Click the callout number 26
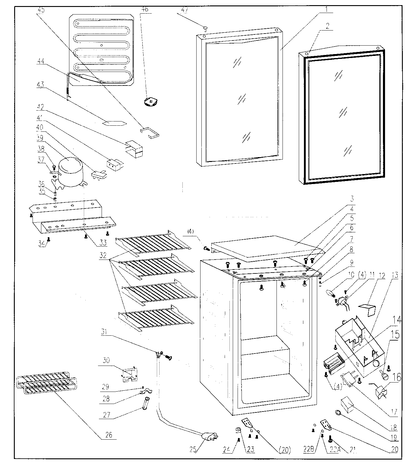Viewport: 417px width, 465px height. point(109,435)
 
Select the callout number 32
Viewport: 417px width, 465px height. point(103,255)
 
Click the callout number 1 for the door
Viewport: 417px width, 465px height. point(326,9)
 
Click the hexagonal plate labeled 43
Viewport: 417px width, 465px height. point(114,123)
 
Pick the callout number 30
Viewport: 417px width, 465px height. point(106,360)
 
